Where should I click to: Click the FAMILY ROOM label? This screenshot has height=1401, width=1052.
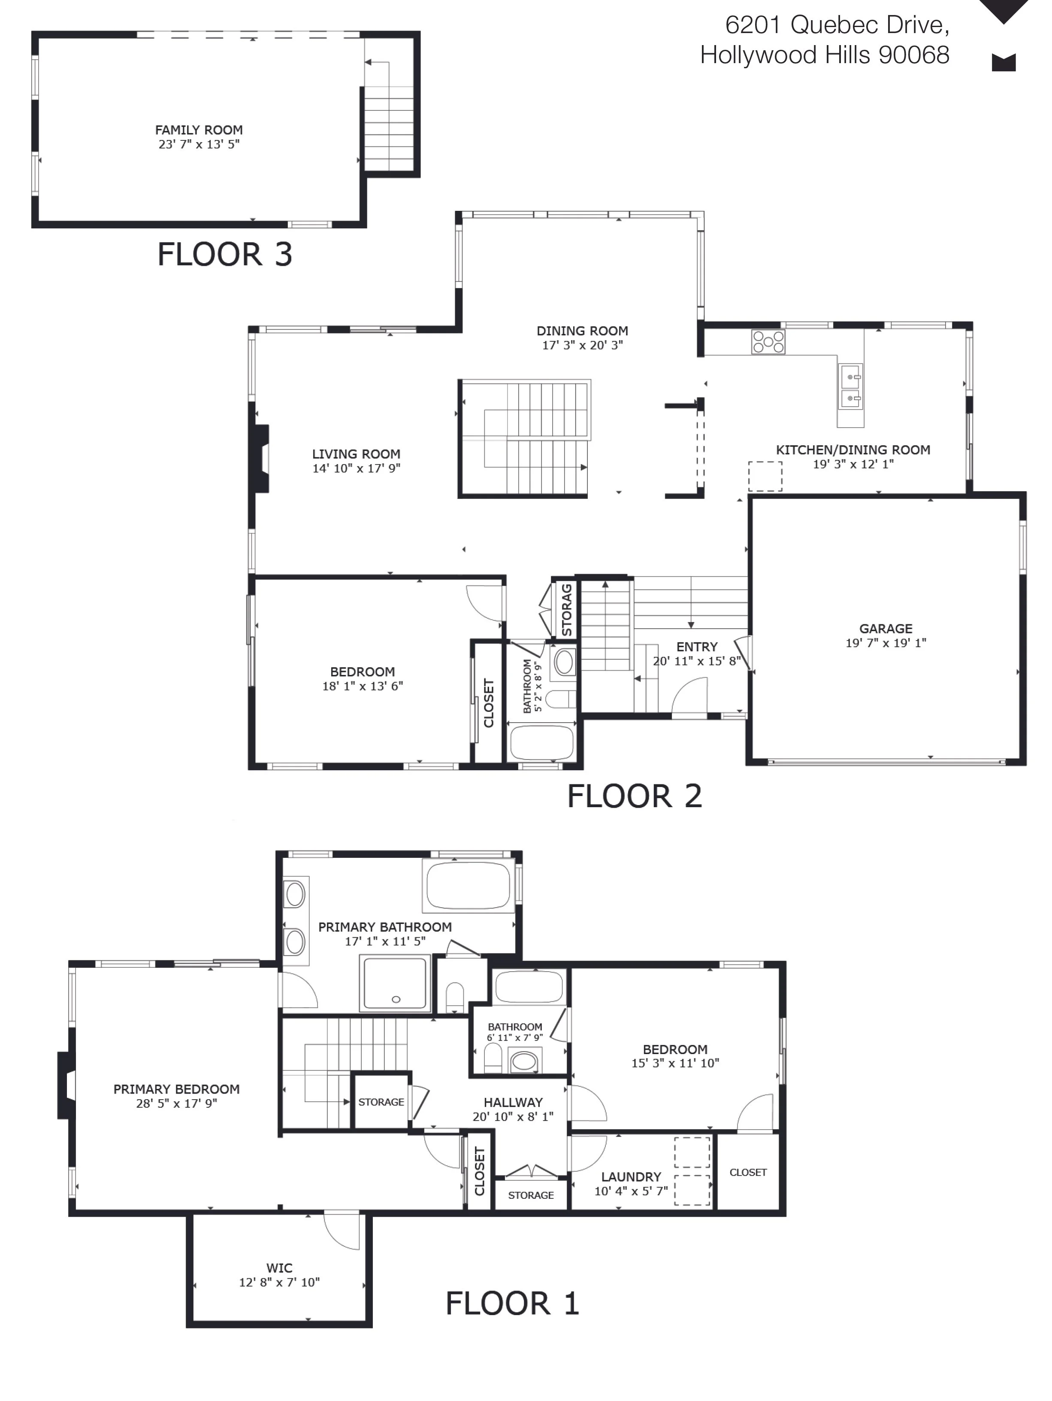pos(199,130)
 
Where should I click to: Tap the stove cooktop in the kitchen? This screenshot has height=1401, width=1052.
pos(768,342)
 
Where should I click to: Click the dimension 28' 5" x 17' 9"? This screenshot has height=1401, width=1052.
pos(177,1103)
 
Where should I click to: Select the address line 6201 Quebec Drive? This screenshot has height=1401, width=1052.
pos(837,25)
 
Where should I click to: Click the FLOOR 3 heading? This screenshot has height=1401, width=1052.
pos(225,254)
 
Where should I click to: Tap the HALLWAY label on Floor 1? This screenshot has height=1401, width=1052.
pos(513,1102)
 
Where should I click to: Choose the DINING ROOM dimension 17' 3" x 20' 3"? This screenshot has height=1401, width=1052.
pos(582,345)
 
